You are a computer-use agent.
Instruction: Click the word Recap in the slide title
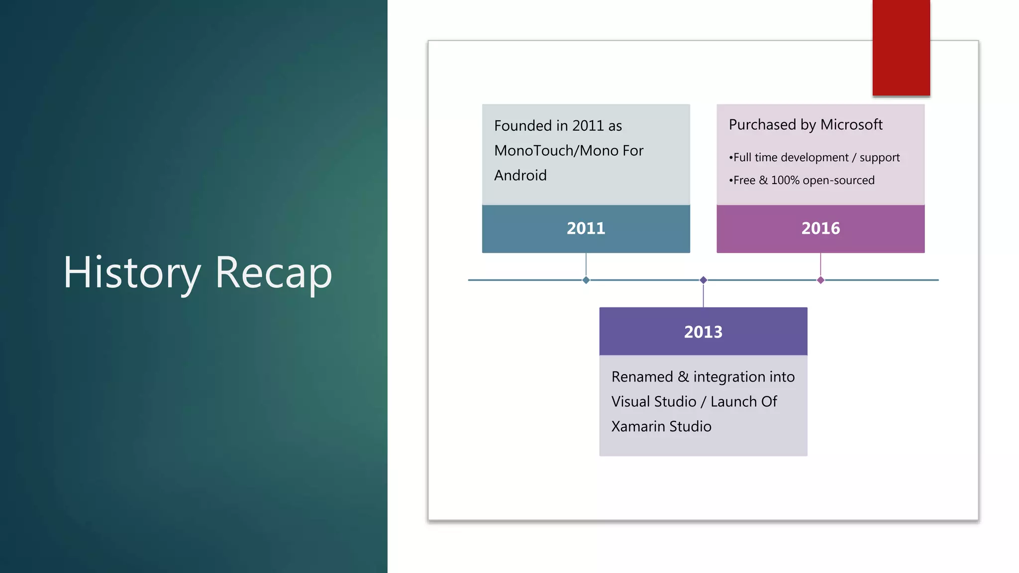(273, 273)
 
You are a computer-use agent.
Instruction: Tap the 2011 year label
(586, 228)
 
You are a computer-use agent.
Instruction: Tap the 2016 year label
(820, 228)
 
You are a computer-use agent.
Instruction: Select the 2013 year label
(703, 332)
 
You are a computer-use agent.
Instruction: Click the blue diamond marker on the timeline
(586, 280)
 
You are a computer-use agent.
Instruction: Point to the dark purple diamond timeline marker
(703, 280)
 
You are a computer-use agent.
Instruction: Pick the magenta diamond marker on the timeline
(820, 280)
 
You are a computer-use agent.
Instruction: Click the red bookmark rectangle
(901, 47)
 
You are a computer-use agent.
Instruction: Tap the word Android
(520, 176)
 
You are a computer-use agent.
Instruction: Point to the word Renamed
(642, 377)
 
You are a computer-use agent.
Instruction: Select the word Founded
(523, 126)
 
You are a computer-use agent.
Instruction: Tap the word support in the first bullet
(879, 158)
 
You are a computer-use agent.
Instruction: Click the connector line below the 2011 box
(586, 265)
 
